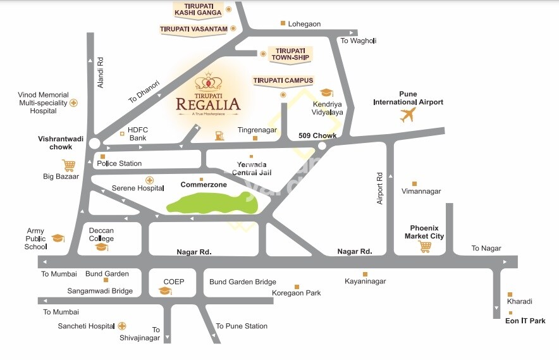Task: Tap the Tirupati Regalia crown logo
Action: (208, 82)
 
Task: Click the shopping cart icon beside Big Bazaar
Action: (69, 165)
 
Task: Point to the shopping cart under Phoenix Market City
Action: (424, 246)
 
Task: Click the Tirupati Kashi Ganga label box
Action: (199, 9)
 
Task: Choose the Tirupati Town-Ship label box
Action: (288, 54)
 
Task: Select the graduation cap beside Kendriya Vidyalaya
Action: (326, 93)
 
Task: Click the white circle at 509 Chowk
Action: (322, 146)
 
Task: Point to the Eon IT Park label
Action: (525, 321)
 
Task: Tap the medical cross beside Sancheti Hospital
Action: (122, 326)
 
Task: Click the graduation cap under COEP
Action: (165, 290)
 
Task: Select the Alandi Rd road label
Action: (100, 73)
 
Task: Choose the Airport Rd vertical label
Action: (380, 188)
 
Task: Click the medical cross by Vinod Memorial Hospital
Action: (74, 102)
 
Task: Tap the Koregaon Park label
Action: (296, 293)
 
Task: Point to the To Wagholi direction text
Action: (358, 40)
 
